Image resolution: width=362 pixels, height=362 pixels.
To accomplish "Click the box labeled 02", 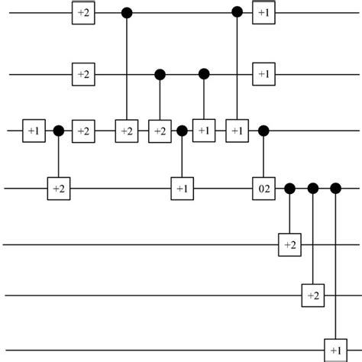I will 263,187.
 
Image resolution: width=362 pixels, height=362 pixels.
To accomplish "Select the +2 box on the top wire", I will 82,13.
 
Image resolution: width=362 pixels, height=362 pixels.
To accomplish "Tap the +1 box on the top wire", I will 263,13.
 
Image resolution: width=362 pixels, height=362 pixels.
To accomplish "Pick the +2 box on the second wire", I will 82,74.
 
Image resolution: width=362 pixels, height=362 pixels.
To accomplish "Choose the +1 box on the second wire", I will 263,74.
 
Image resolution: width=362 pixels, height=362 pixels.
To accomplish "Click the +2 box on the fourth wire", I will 58,187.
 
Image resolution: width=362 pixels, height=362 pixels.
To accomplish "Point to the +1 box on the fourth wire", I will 181,187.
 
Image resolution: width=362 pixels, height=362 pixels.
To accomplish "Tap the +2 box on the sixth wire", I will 312,295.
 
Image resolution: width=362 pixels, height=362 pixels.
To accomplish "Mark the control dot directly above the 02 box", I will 263,131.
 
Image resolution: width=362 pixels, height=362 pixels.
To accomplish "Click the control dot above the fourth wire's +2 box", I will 58,131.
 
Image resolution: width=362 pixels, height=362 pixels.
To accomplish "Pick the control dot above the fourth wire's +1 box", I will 181,131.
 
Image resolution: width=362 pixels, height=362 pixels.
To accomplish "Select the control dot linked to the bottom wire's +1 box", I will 335,187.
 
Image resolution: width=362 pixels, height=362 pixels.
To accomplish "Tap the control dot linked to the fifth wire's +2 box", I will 289,187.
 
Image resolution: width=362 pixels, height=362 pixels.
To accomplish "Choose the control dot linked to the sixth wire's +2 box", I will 312,187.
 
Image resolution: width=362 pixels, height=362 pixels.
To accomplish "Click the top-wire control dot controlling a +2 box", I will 126,13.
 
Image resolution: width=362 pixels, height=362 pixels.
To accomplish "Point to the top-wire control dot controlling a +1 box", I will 238,13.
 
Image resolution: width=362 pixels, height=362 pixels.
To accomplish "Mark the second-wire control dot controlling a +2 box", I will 160,74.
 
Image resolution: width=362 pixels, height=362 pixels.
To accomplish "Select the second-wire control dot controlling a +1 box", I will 203,74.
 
